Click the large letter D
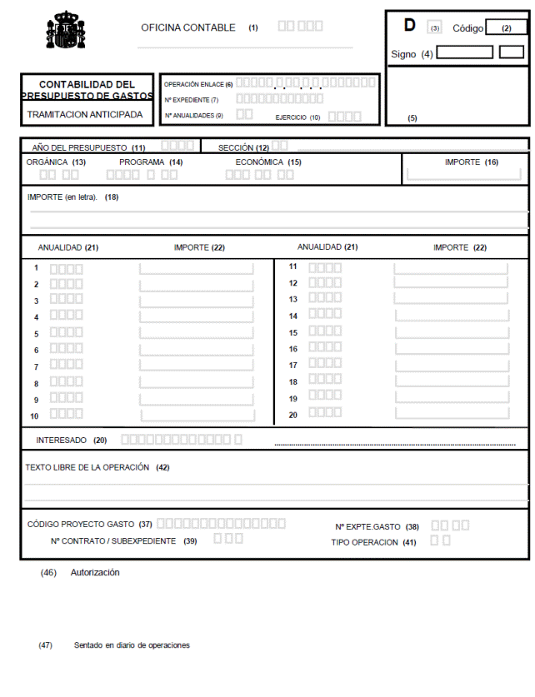pyautogui.click(x=409, y=25)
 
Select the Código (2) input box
pyautogui.click(x=506, y=27)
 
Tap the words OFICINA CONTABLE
pyautogui.click(x=188, y=27)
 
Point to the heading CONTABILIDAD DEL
pyautogui.click(x=87, y=85)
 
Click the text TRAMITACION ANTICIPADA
pyautogui.click(x=85, y=114)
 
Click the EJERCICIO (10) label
pyautogui.click(x=297, y=117)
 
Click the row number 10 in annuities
pyautogui.click(x=34, y=416)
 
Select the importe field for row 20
pyautogui.click(x=451, y=414)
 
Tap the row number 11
pyautogui.click(x=293, y=266)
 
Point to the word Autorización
pyautogui.click(x=95, y=573)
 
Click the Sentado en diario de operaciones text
pyautogui.click(x=132, y=645)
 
